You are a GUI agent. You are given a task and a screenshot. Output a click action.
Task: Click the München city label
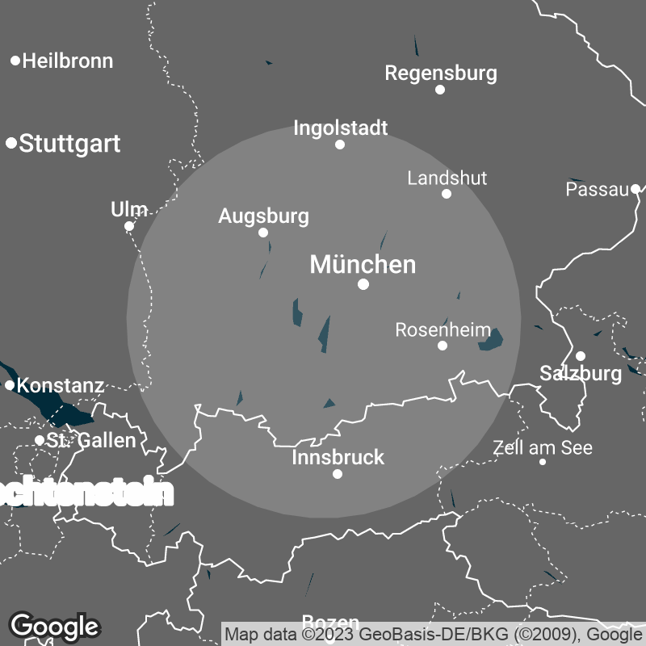[x=363, y=264]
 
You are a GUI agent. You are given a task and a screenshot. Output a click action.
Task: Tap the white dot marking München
[x=363, y=284]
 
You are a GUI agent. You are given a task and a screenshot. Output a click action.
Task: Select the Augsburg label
[x=263, y=216]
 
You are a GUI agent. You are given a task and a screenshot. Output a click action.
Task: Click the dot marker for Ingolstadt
[x=340, y=145]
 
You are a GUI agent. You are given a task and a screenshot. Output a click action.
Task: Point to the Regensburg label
[x=440, y=73]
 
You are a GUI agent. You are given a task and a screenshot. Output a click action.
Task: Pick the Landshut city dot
[x=447, y=194]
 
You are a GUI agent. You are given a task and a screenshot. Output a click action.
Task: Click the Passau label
[x=597, y=190]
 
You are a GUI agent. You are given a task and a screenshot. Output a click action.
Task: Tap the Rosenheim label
[x=443, y=329]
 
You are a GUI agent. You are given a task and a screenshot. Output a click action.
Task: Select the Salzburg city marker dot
[x=580, y=356]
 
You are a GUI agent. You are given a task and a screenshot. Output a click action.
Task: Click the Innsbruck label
[x=338, y=458]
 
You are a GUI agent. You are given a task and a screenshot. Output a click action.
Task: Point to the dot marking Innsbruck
[x=338, y=474]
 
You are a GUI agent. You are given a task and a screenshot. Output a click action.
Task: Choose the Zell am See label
[x=543, y=447]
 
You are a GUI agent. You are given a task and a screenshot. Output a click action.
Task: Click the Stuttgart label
[x=69, y=144]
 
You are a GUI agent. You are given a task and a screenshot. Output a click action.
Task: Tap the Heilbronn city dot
[x=15, y=61]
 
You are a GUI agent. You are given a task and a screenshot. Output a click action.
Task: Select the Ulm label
[x=128, y=210]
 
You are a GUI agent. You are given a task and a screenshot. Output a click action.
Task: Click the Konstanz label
[x=61, y=385]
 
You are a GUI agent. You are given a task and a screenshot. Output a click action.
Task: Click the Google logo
[x=54, y=626]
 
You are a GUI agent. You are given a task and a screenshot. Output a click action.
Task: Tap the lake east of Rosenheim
[x=491, y=340]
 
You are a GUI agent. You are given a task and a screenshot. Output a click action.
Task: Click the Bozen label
[x=330, y=622]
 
